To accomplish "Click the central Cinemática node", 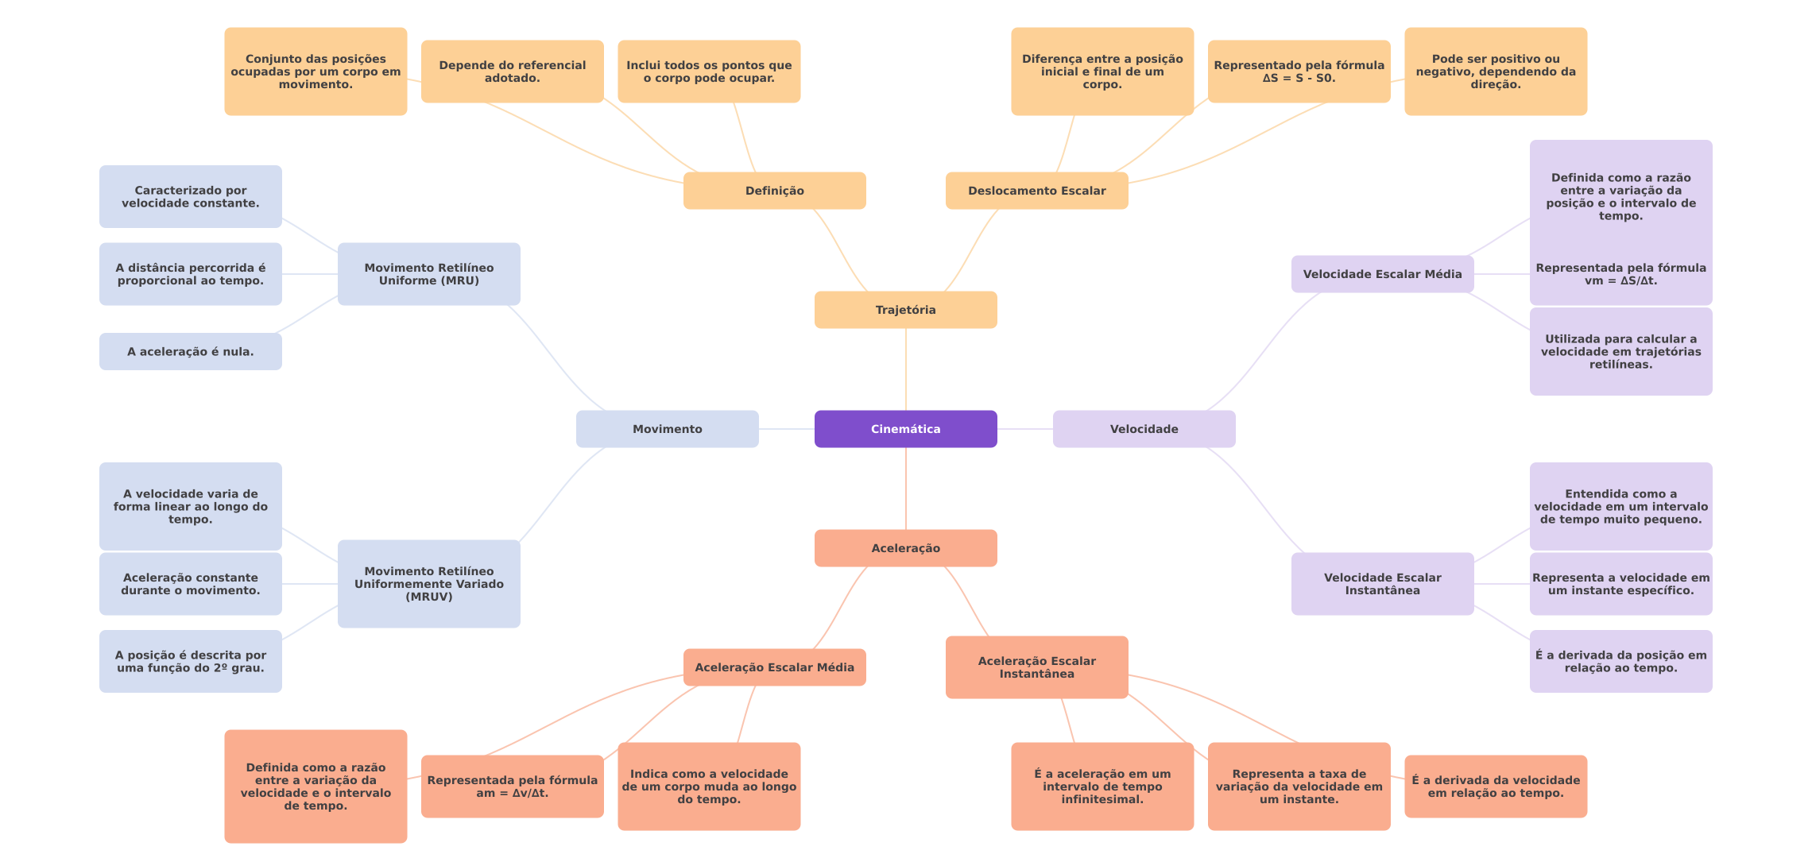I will [905, 429].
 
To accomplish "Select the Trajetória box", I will [905, 310].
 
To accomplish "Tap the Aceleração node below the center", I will [905, 548].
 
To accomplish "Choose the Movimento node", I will [667, 429].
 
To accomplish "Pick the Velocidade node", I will [1144, 429].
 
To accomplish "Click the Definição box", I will [774, 191].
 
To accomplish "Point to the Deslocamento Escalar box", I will [1036, 191].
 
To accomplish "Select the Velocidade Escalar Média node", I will [1382, 274].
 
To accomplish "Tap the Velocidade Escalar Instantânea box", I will [1382, 584].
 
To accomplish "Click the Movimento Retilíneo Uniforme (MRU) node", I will [428, 274].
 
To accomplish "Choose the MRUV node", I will [428, 584].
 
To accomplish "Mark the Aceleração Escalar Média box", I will [774, 667].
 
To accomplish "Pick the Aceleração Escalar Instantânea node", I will [1036, 667].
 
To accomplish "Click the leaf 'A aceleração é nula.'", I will [190, 351].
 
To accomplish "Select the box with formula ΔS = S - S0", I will [1299, 71].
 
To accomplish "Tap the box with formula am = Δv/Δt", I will [512, 786].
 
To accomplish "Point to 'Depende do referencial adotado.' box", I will [512, 71].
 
